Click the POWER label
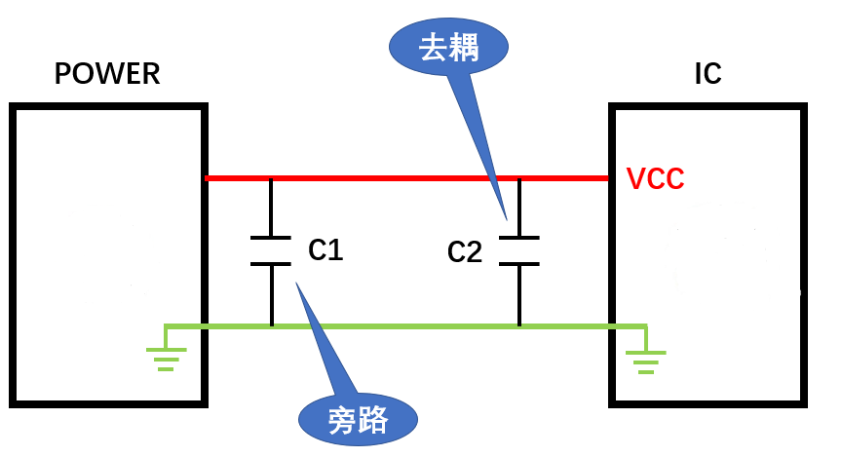[x=107, y=74]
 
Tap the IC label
[x=708, y=74]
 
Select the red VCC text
[x=655, y=179]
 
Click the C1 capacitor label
[x=325, y=250]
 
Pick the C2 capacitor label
[x=465, y=252]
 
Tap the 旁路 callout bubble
[x=358, y=421]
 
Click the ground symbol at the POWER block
[x=167, y=360]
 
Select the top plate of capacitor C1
[x=271, y=238]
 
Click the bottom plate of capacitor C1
[x=271, y=263]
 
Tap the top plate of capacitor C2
[x=519, y=238]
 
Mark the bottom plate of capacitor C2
[x=519, y=263]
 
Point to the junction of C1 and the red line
[x=271, y=178]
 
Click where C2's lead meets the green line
[x=519, y=325]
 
